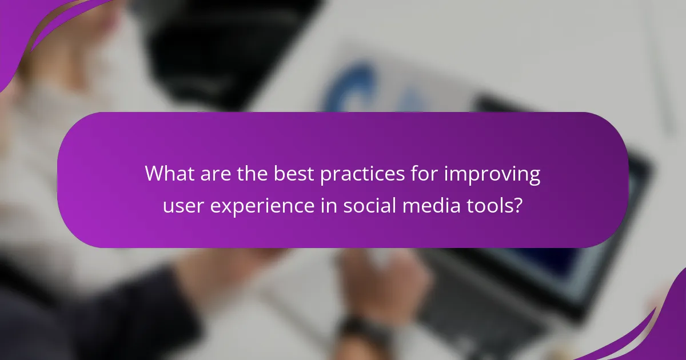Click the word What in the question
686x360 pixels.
[x=170, y=174]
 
